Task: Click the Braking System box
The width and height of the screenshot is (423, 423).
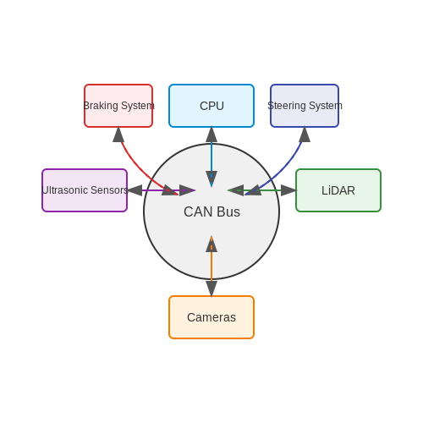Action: (118, 106)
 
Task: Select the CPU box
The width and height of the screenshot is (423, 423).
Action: (211, 106)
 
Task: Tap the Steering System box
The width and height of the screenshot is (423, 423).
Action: (305, 106)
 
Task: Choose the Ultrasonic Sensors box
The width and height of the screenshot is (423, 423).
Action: (85, 190)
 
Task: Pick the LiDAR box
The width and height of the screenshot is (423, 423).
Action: (338, 190)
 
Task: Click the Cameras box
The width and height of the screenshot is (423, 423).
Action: (211, 317)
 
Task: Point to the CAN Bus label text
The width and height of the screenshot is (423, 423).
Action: (211, 211)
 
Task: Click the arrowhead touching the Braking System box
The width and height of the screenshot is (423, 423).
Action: (118, 135)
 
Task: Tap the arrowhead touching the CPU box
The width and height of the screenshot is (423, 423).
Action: (211, 135)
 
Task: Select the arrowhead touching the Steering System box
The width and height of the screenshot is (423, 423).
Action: (305, 135)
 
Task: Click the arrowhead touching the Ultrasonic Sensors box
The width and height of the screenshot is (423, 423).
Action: (135, 190)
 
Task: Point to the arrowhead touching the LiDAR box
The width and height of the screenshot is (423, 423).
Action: (288, 190)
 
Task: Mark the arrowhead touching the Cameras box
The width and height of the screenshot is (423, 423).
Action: (211, 288)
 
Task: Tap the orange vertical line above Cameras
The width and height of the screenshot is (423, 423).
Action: (211, 266)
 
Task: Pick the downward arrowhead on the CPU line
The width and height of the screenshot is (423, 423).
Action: (211, 179)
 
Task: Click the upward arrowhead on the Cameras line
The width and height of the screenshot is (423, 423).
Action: (211, 244)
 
